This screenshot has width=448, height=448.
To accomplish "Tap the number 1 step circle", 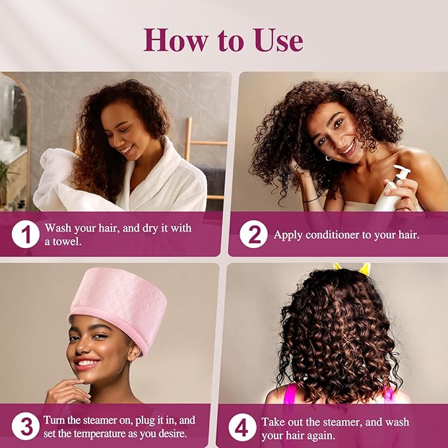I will tap(25, 234).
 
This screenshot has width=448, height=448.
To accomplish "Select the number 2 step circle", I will tap(253, 234).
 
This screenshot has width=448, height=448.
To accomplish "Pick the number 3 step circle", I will tap(25, 426).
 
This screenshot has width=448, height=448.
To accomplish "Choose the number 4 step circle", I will tap(243, 428).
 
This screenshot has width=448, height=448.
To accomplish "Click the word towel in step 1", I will tap(69, 241).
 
